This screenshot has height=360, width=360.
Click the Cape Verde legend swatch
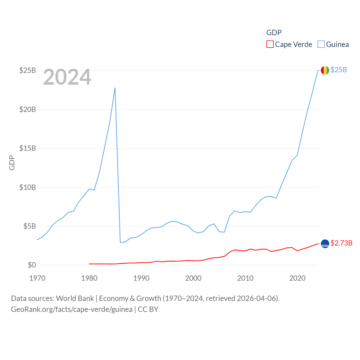coord(270,44)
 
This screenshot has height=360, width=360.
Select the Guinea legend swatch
coord(321,44)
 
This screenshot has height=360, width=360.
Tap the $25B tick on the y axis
coord(28,70)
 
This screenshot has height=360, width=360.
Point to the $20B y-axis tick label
coord(28,109)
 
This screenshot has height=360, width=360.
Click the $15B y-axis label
coord(28,148)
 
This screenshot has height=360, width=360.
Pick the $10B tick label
coord(28,187)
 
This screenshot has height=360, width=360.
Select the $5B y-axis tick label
coord(30,226)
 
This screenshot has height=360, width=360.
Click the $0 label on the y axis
coord(32,265)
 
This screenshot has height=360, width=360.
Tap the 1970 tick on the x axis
coord(37,278)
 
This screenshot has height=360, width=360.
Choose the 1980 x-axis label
coord(89,278)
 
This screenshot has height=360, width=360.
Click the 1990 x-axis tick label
coord(141,278)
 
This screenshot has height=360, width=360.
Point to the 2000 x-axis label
coord(193,278)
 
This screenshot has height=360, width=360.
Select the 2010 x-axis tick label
coord(245,278)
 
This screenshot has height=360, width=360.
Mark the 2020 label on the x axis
coord(297,278)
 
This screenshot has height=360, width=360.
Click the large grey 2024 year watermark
coord(67,77)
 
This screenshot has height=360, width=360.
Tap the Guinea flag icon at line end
coord(325,70)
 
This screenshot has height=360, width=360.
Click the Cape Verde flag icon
coord(325,244)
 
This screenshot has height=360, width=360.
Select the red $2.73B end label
coord(341,243)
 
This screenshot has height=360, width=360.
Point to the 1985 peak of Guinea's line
coord(115,88)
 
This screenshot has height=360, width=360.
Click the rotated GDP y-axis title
coord(12,163)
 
